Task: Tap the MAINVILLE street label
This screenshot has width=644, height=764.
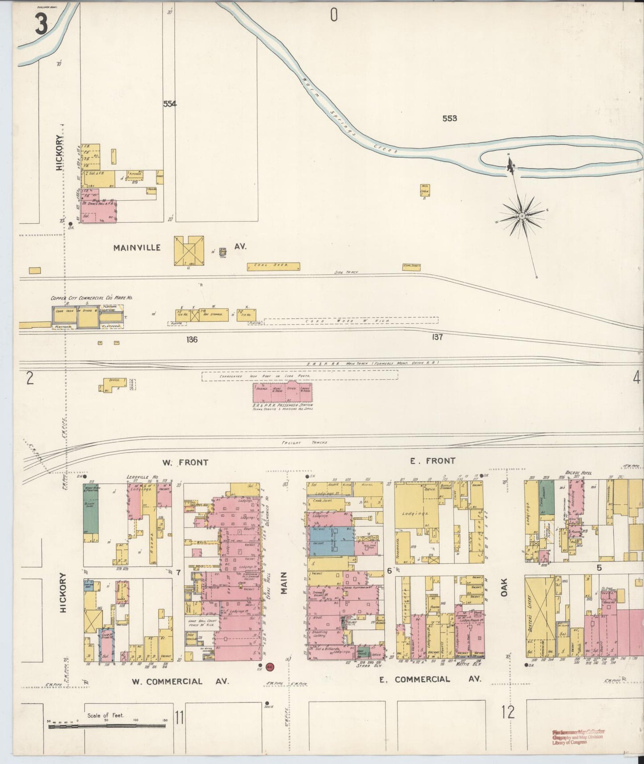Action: point(137,247)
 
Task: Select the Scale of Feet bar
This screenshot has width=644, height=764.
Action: point(107,727)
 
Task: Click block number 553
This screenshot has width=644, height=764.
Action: point(449,119)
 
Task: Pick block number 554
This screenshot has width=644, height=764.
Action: point(169,104)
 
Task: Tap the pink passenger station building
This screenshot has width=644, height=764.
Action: point(283,392)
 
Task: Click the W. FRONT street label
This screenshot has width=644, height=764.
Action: point(185,463)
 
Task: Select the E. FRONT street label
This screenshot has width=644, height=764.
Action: point(432,461)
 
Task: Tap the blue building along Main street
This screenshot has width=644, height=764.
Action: point(330,541)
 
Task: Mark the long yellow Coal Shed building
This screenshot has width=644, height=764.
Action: point(274,267)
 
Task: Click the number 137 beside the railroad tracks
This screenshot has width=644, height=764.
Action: point(437,337)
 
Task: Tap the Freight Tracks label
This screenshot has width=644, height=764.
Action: point(304,443)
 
